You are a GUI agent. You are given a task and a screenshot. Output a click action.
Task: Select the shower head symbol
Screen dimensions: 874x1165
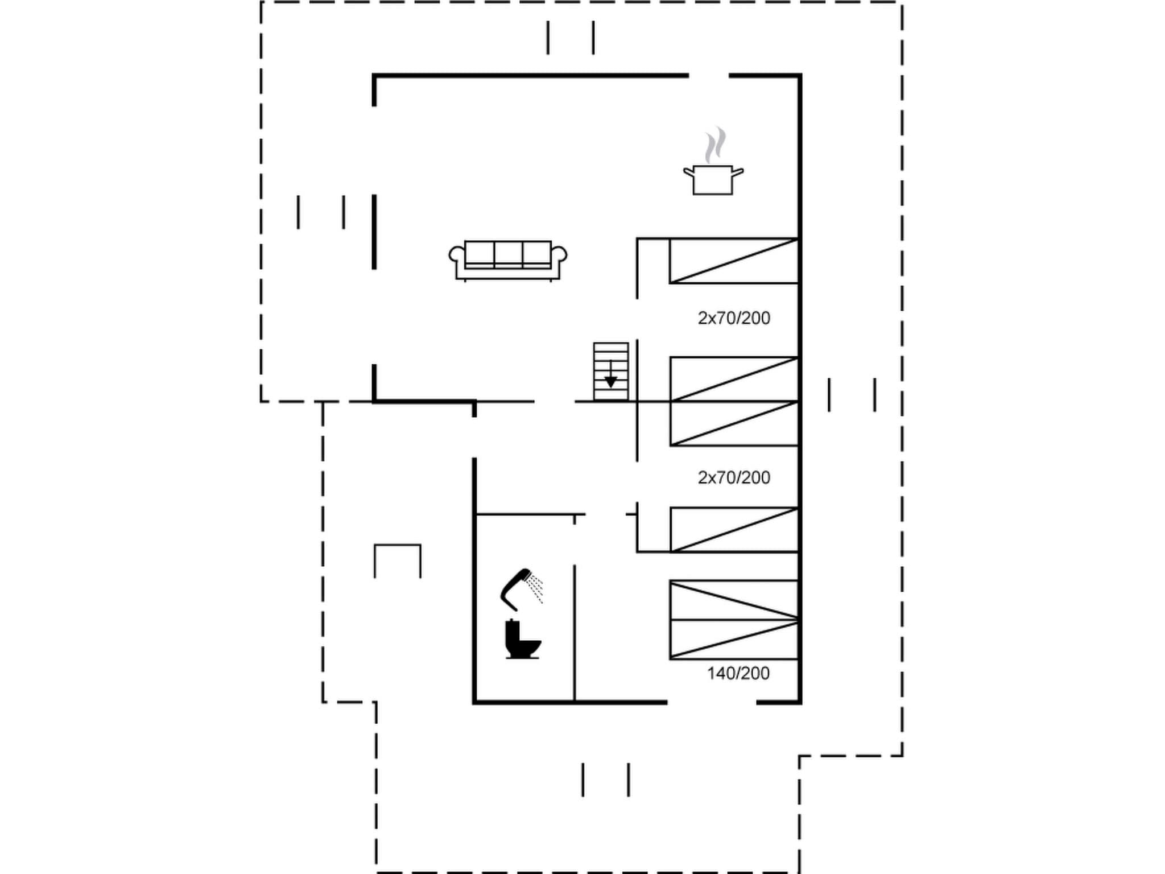(x=515, y=588)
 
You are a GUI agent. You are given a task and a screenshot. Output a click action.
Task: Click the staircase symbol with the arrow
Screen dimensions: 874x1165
(x=611, y=371)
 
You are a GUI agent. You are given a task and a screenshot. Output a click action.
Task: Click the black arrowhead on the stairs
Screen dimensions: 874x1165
(x=610, y=382)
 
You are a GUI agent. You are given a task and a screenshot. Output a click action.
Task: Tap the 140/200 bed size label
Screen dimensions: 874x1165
(x=738, y=673)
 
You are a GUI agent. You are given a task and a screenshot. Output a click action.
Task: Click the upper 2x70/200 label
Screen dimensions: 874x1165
(x=734, y=318)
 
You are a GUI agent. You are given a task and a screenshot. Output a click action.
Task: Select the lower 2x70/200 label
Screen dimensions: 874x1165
(x=734, y=477)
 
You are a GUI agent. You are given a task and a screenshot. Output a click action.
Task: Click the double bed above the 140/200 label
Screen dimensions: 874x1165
(x=734, y=620)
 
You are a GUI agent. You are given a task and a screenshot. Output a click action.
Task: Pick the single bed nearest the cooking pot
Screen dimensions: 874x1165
(x=734, y=261)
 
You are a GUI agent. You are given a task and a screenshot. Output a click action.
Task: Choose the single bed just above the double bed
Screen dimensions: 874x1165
(x=734, y=530)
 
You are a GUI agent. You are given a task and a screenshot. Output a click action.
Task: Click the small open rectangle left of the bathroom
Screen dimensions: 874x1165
(x=398, y=560)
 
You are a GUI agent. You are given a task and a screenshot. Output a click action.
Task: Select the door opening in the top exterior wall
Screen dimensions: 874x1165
(x=709, y=75)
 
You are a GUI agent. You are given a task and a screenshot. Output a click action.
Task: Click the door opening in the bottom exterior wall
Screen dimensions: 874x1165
(x=712, y=703)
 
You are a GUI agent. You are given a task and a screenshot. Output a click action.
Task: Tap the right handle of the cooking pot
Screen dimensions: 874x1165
(x=738, y=171)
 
